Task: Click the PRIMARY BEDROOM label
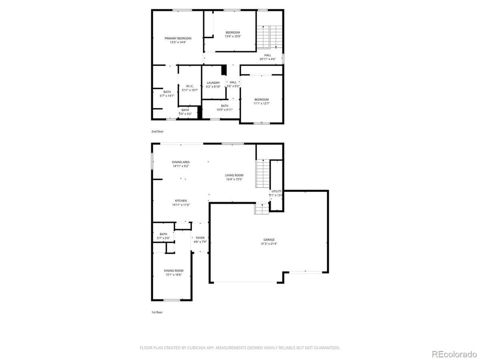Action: coord(178,38)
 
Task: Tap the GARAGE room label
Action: coord(269,240)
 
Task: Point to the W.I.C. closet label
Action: coord(190,86)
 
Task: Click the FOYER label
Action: coord(200,238)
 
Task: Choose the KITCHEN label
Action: coord(181,201)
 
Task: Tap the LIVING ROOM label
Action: coord(234,175)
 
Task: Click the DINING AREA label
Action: coord(181,162)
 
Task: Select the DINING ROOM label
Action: coord(174,271)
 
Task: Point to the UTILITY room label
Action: coord(276,191)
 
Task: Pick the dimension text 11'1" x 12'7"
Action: coord(261,103)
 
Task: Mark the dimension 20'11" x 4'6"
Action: coord(268,59)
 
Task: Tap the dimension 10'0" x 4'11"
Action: coord(224,109)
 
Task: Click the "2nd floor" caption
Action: coord(157,131)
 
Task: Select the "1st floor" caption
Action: coord(157,312)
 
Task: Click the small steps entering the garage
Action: coord(261,208)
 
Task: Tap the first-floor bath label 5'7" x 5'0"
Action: coord(163,238)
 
